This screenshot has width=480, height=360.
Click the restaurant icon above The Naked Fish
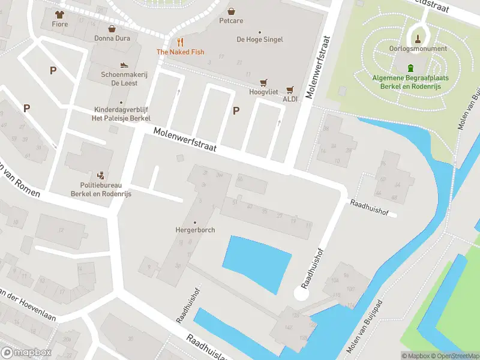[180, 42]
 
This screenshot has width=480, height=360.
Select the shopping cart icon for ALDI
[290, 90]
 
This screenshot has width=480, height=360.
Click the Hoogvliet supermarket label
[263, 92]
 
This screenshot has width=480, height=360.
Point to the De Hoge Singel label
[259, 40]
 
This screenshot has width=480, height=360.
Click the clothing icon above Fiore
[59, 14]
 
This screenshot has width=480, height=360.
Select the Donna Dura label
[112, 38]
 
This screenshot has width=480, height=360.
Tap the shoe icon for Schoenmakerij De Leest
[124, 65]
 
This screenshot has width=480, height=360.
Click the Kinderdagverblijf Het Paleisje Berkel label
[121, 114]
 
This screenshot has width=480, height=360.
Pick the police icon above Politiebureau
[101, 176]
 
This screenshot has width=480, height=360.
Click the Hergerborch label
[194, 230]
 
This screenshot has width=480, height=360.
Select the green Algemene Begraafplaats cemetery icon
[410, 68]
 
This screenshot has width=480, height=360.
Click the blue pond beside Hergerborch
[257, 262]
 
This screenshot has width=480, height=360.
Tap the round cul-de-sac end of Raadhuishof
[302, 294]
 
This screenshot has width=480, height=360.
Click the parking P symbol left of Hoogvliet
[236, 110]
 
